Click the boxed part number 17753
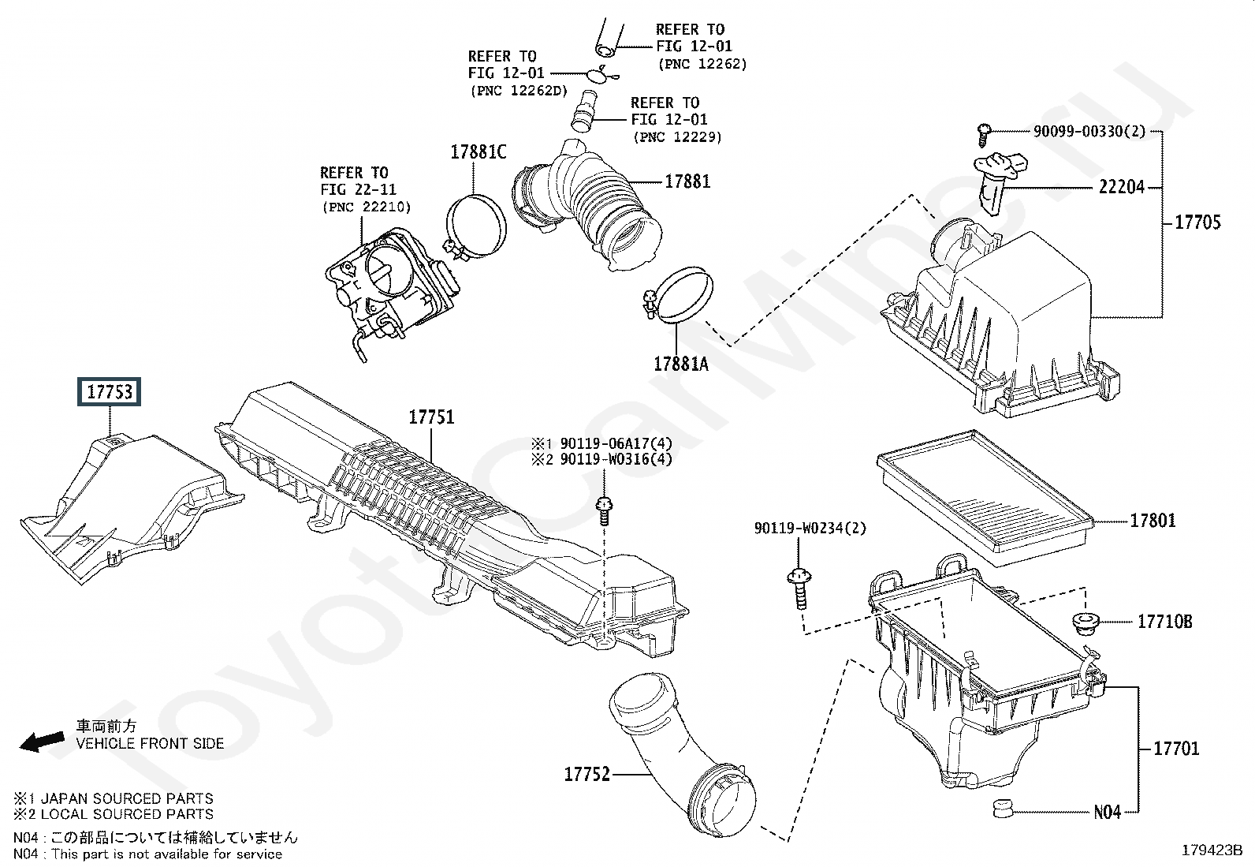(x=110, y=391)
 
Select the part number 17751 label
(x=431, y=417)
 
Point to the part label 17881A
(x=681, y=364)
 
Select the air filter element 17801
(x=985, y=499)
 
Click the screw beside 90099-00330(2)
(x=983, y=136)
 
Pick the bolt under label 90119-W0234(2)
(x=799, y=589)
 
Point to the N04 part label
(x=1107, y=812)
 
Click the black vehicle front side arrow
(x=42, y=742)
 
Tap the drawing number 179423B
(x=1212, y=850)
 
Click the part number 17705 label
(x=1197, y=222)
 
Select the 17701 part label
(x=1176, y=748)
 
